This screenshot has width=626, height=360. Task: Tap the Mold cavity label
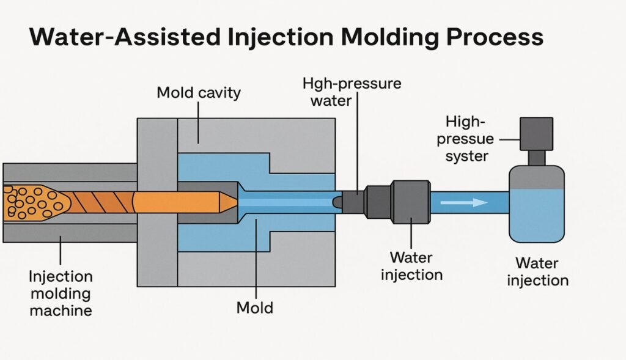pos(199,93)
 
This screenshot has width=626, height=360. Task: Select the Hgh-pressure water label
pos(352,91)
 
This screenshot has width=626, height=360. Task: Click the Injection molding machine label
pos(61,293)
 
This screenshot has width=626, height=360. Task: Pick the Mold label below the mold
pos(254,307)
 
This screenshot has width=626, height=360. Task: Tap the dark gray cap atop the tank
pos(536,133)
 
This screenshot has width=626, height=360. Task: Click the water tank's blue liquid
pos(537,214)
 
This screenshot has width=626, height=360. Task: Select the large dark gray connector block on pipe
pos(410,201)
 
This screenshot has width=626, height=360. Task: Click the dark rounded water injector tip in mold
pos(337,201)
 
